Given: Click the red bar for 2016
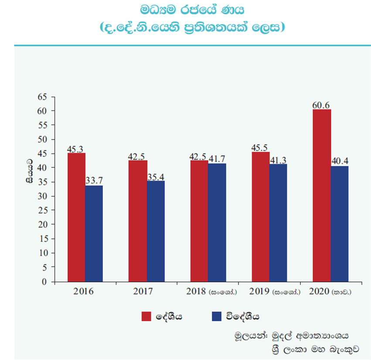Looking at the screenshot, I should (x=76, y=217).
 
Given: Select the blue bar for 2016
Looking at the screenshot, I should (x=94, y=233).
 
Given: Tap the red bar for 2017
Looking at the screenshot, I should (x=138, y=221).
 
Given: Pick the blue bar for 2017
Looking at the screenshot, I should (x=156, y=231).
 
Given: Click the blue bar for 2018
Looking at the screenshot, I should (x=217, y=223).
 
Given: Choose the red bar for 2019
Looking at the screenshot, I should (x=261, y=217).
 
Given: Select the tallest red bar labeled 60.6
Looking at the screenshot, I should (x=322, y=195).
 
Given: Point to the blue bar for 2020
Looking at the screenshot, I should (x=340, y=224).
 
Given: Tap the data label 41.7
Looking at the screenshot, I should (x=217, y=158).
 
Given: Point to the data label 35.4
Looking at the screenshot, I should (x=156, y=176).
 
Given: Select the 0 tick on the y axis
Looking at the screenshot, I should (x=44, y=282).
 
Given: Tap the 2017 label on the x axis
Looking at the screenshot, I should (x=142, y=291).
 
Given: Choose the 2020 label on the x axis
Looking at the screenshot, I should (x=319, y=291).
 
